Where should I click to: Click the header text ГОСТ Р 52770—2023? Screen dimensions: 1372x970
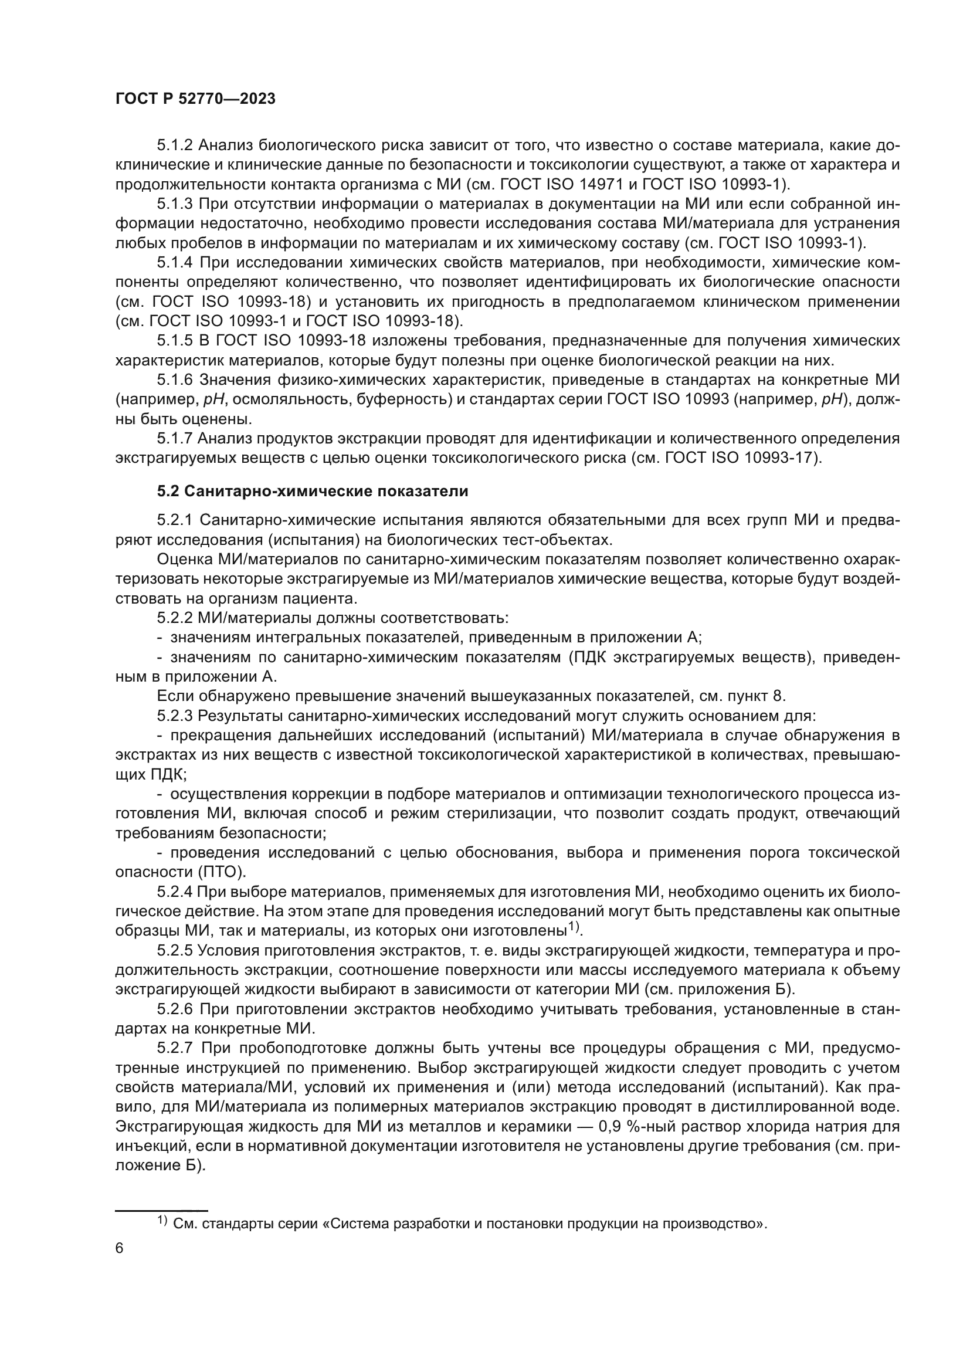click(195, 99)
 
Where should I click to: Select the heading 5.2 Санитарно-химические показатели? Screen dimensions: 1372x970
click(313, 491)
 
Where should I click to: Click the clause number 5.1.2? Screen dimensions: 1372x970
click(175, 145)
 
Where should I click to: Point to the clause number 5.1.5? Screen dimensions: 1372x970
click(175, 341)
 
